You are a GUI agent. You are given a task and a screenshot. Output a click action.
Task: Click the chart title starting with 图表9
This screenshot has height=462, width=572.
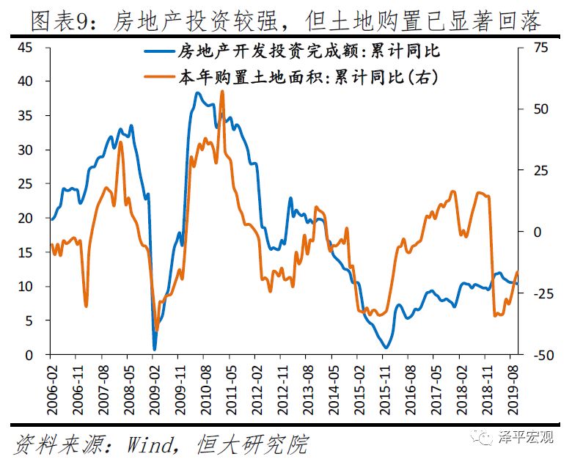tap(286, 20)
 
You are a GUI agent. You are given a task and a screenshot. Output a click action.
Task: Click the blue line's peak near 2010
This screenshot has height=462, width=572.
tap(197, 92)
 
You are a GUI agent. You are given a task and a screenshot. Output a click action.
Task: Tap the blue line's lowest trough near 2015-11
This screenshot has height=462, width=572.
tap(386, 348)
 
